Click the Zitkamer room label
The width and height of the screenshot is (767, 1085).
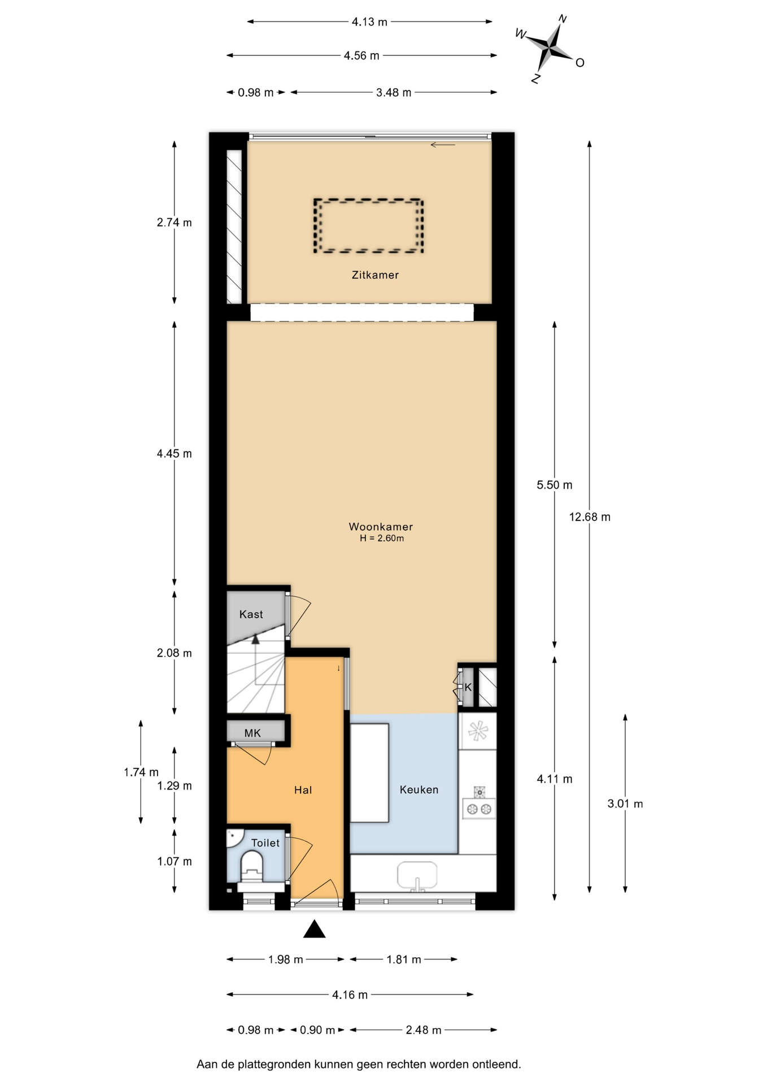pyautogui.click(x=375, y=275)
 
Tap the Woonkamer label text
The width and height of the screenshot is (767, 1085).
pyautogui.click(x=381, y=527)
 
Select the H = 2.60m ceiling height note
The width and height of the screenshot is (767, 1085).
pyautogui.click(x=382, y=539)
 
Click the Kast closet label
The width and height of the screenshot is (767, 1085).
pyautogui.click(x=251, y=614)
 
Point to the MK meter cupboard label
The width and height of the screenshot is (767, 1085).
pyautogui.click(x=252, y=733)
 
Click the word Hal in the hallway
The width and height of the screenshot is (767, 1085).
pyautogui.click(x=303, y=790)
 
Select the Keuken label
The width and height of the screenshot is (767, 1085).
pyautogui.click(x=419, y=789)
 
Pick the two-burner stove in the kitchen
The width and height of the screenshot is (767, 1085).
pyautogui.click(x=479, y=808)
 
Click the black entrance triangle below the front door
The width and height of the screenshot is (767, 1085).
pyautogui.click(x=315, y=929)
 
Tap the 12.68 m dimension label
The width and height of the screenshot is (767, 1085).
pyautogui.click(x=590, y=517)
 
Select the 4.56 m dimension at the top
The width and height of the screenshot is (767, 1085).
pyautogui.click(x=361, y=55)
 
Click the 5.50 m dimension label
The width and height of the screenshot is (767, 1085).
pyautogui.click(x=555, y=485)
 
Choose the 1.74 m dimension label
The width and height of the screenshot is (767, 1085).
pyautogui.click(x=141, y=772)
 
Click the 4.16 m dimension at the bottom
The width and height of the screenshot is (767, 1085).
pyautogui.click(x=350, y=995)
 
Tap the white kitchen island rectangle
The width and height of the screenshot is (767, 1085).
pyautogui.click(x=369, y=772)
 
